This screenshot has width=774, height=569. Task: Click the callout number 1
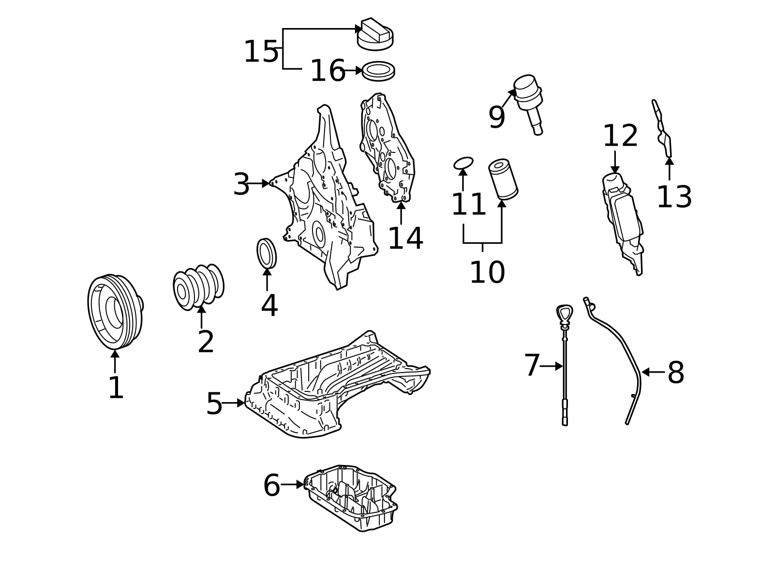click(x=116, y=388)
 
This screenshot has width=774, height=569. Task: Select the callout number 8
click(x=676, y=373)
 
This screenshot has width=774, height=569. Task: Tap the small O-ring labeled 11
click(x=463, y=164)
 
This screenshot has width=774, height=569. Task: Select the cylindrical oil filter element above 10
click(x=503, y=179)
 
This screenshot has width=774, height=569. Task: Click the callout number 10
click(x=488, y=272)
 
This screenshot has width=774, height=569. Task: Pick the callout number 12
click(x=620, y=136)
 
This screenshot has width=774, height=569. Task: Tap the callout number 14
click(x=405, y=239)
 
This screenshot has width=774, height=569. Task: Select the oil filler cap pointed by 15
click(x=375, y=34)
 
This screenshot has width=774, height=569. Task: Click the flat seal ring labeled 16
click(x=378, y=71)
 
